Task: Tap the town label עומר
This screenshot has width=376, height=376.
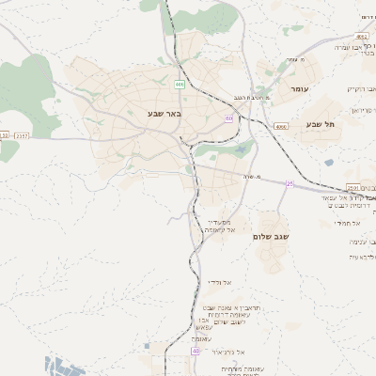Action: [299, 88]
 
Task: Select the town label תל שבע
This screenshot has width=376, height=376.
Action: [320, 124]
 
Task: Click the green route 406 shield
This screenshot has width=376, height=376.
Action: [179, 85]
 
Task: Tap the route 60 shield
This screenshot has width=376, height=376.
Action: [228, 118]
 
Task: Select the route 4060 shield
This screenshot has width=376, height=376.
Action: [281, 125]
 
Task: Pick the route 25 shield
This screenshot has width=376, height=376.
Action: [290, 184]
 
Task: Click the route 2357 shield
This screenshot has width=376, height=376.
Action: [23, 135]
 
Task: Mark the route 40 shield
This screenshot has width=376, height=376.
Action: [196, 351]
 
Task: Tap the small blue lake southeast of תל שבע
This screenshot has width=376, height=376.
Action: [329, 162]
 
